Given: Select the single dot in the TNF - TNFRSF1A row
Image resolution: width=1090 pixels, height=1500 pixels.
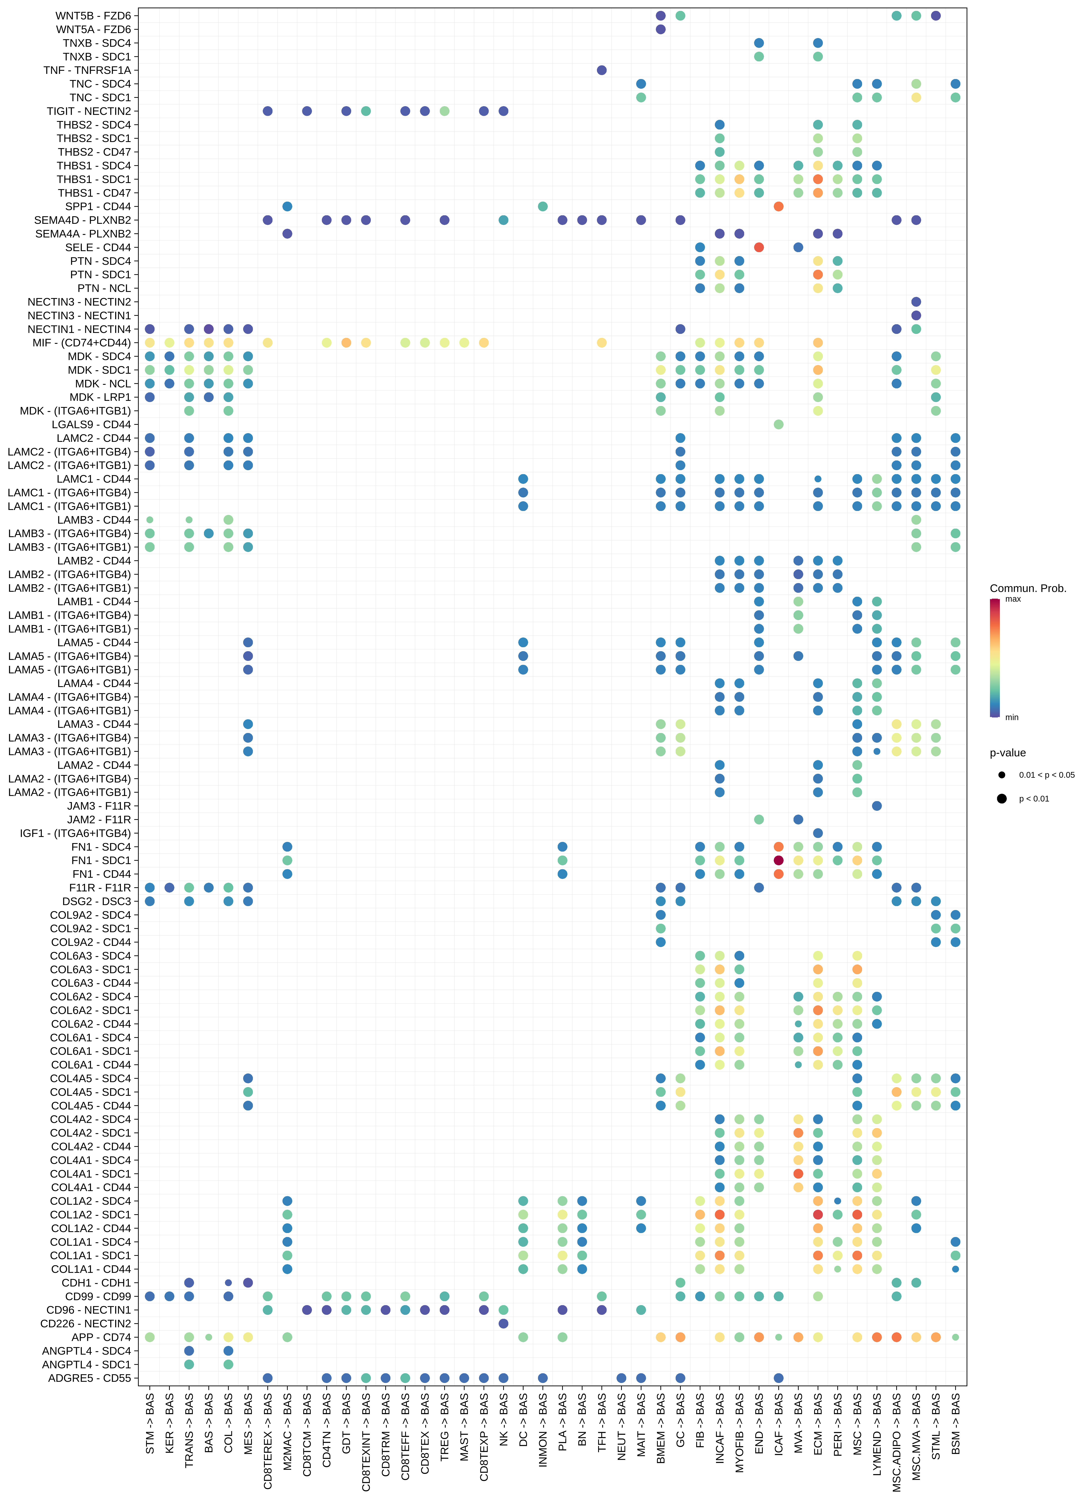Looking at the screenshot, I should (602, 70).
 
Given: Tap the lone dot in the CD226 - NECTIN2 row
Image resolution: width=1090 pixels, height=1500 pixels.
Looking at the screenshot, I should (503, 1323).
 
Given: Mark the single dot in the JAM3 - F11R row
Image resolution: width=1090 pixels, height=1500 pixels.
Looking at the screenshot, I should (877, 806).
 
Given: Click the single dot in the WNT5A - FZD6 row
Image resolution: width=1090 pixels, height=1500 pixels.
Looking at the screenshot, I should (661, 29).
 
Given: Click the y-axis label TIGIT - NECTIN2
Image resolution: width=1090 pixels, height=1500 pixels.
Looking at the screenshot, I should (89, 111).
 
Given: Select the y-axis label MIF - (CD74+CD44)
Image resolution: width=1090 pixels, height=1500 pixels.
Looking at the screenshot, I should (81, 343).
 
